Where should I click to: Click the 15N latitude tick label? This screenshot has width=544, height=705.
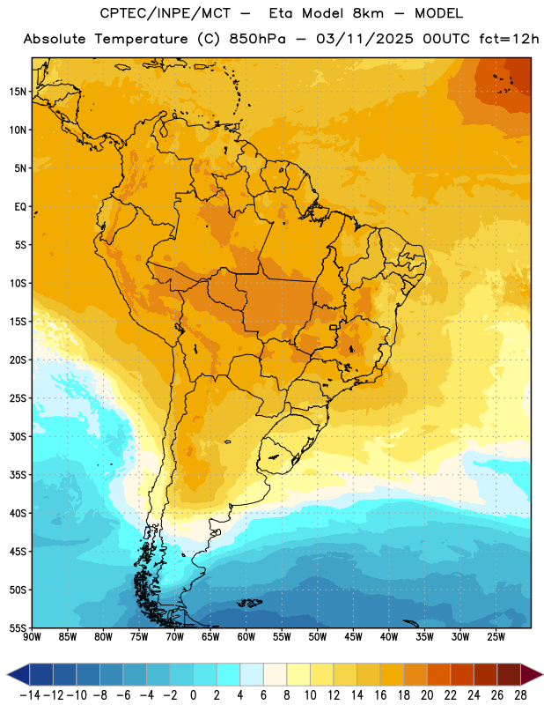click(x=18, y=92)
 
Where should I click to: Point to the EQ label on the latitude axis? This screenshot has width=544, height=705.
click(x=20, y=207)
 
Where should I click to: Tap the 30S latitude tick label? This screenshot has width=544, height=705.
click(x=18, y=436)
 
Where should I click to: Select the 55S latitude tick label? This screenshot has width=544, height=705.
click(x=18, y=627)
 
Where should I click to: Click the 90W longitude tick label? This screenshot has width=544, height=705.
click(x=32, y=636)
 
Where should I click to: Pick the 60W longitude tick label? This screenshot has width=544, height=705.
click(x=246, y=636)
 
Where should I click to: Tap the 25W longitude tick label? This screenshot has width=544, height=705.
click(x=496, y=636)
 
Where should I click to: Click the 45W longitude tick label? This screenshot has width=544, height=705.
click(x=353, y=636)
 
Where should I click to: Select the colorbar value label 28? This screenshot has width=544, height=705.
click(x=520, y=695)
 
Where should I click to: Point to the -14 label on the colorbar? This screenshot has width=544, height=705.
click(x=30, y=695)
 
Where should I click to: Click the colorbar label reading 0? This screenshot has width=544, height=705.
click(x=193, y=695)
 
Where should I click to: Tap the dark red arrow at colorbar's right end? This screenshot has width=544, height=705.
click(x=531, y=674)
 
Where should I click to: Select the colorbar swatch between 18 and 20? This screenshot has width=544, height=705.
click(x=415, y=674)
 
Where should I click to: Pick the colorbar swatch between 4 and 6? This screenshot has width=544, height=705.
click(x=252, y=674)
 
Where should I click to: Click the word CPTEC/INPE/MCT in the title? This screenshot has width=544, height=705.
click(x=165, y=13)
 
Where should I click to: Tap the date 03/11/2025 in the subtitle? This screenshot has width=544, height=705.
click(x=364, y=39)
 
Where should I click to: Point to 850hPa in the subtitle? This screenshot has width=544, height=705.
click(x=257, y=39)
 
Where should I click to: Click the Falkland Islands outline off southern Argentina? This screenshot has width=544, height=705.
click(x=249, y=603)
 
